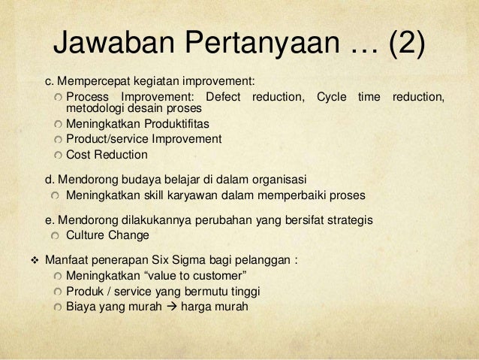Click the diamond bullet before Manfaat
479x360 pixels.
32,263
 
